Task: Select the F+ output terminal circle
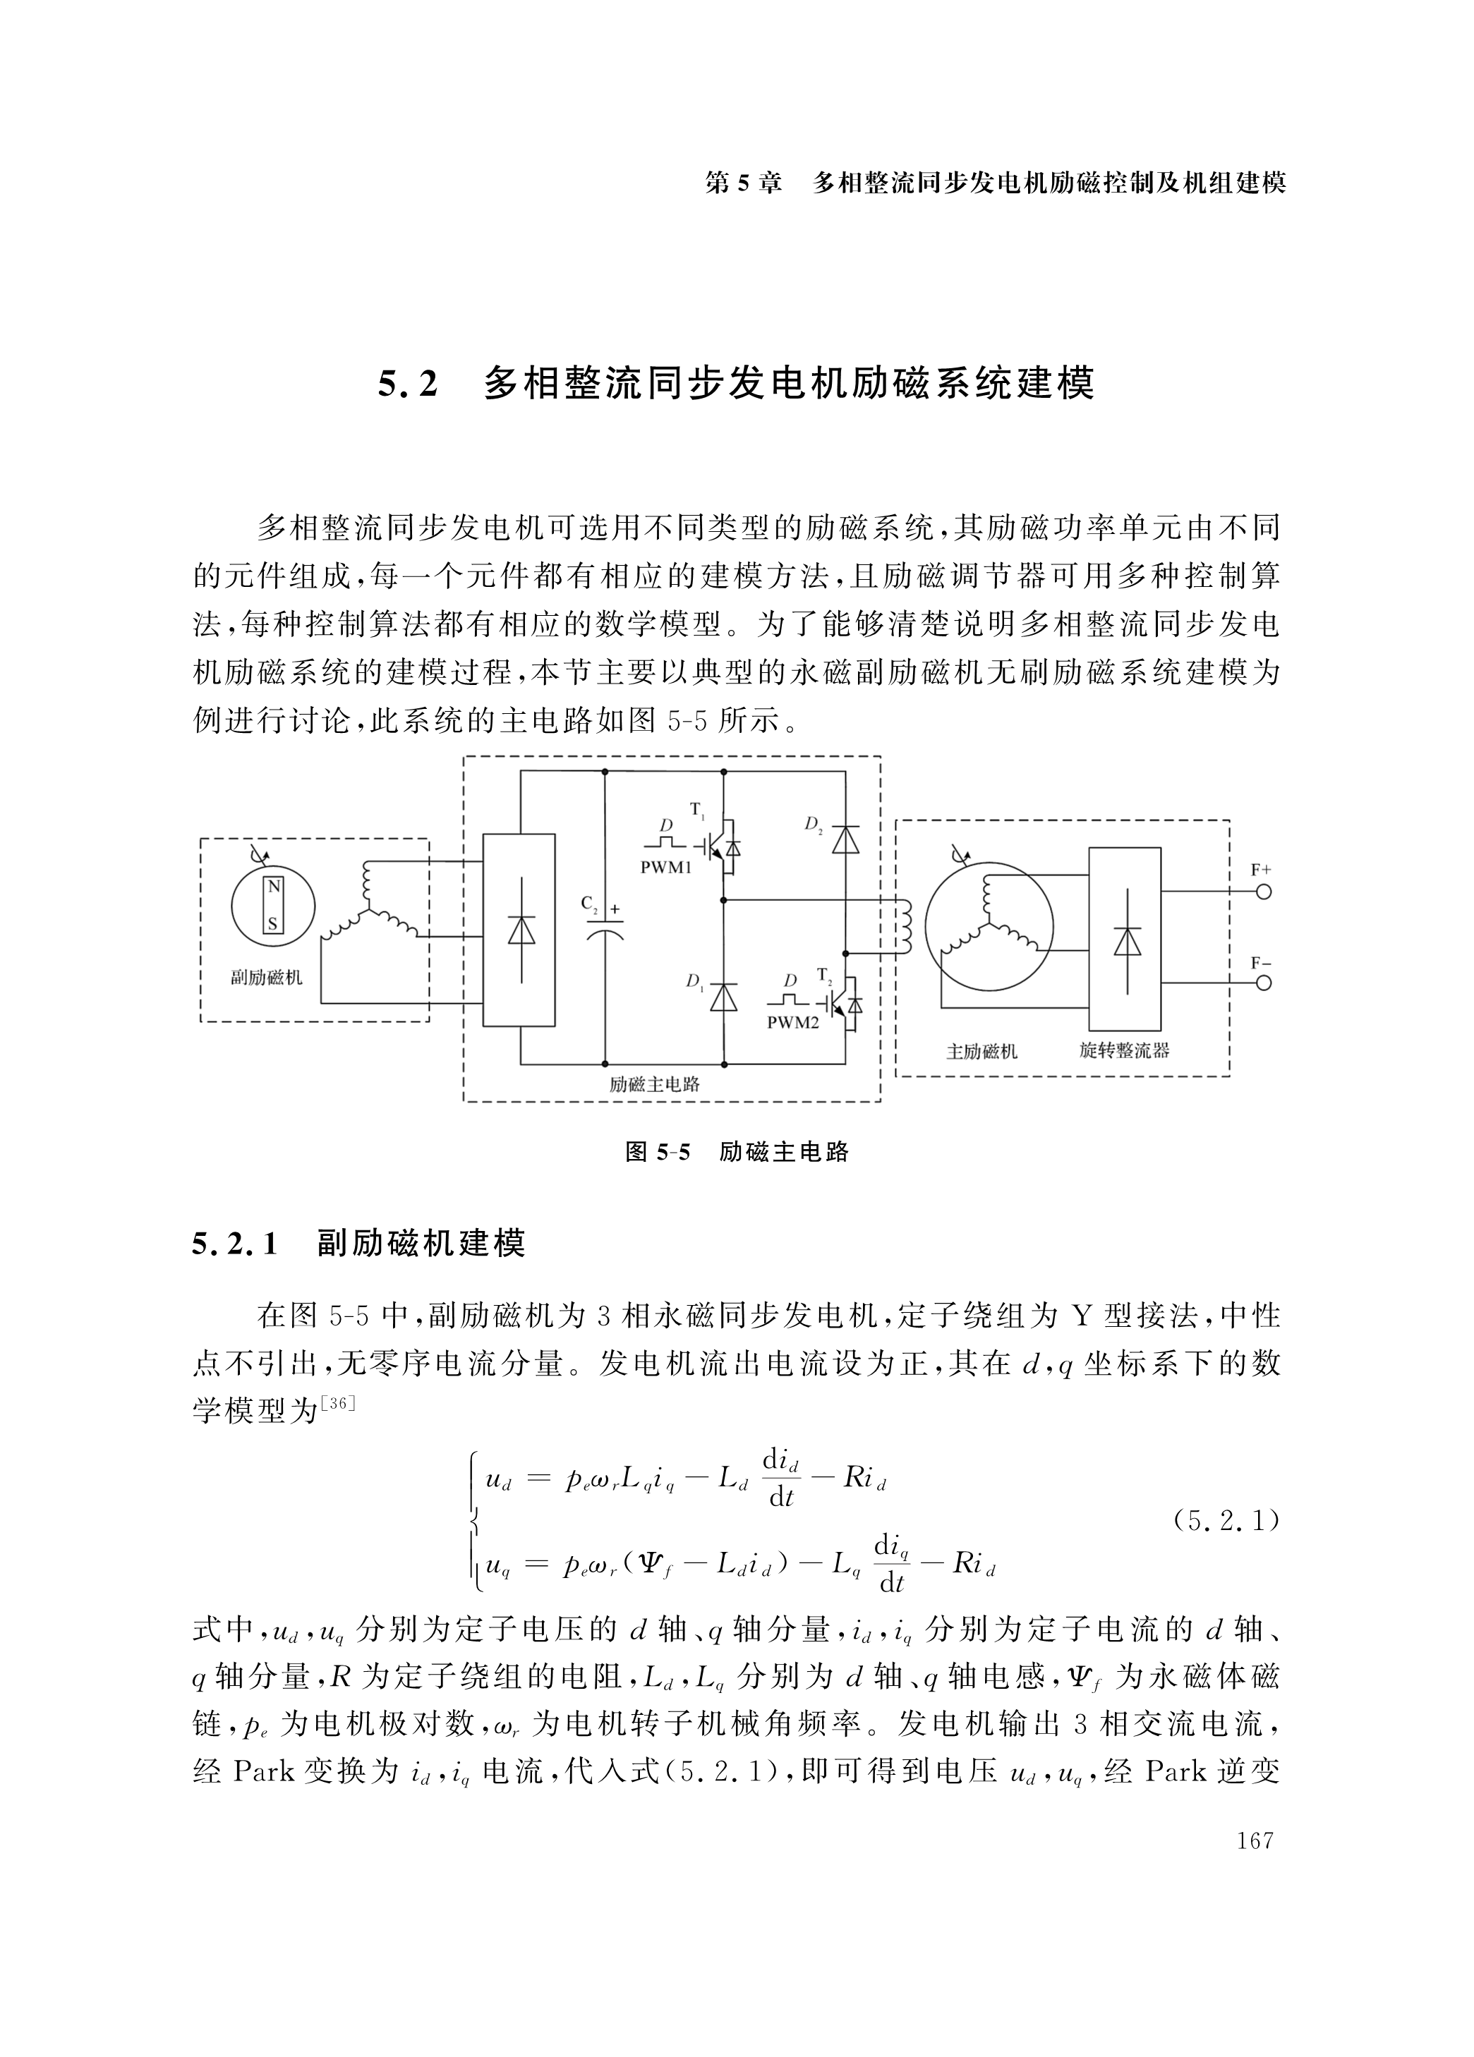pyautogui.click(x=1262, y=892)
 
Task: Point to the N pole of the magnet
pyautogui.click(x=273, y=887)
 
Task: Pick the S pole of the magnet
pyautogui.click(x=273, y=924)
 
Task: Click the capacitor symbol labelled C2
pyautogui.click(x=605, y=927)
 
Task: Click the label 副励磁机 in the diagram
pyautogui.click(x=267, y=978)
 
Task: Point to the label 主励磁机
pyautogui.click(x=981, y=1052)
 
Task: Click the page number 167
pyautogui.click(x=1255, y=1840)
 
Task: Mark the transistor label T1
pyautogui.click(x=698, y=809)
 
